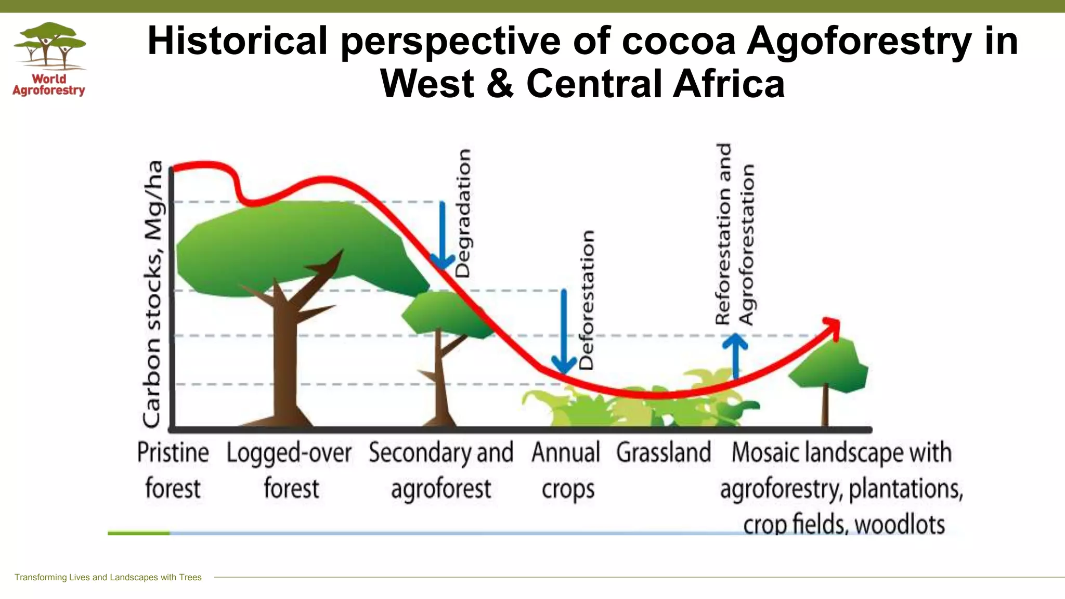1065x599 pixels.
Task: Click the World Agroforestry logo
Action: tap(49, 59)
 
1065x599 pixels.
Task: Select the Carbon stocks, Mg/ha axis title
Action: tap(153, 294)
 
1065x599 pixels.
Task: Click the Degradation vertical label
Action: tap(463, 213)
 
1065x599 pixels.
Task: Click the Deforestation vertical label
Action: tap(586, 300)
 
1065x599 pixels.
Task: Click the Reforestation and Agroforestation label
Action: tap(734, 234)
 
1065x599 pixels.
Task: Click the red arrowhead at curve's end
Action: tap(833, 327)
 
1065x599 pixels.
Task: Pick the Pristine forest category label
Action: tap(173, 470)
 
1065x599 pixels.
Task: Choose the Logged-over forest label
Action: tap(290, 470)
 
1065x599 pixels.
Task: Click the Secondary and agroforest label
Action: tap(441, 470)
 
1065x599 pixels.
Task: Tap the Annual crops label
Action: tap(566, 470)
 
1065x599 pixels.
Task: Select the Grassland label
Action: tap(664, 452)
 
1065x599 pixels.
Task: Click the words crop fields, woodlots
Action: tap(843, 524)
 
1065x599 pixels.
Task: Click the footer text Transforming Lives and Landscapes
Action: tap(108, 577)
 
